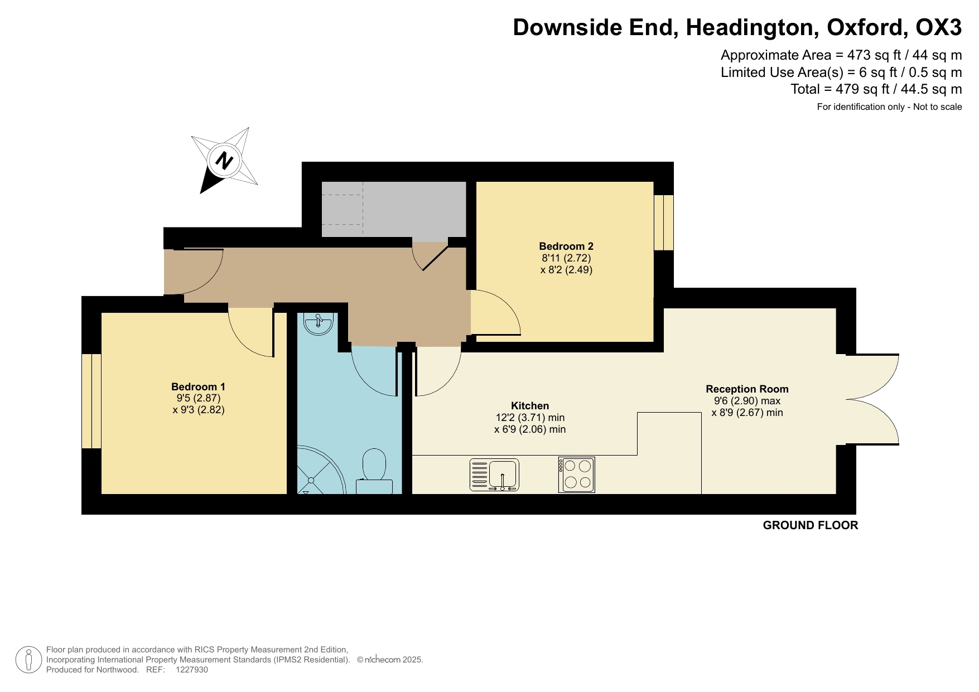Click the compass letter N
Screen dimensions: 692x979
pyautogui.click(x=224, y=161)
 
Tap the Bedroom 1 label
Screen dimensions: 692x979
pyautogui.click(x=198, y=386)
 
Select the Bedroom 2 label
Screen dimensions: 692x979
pyautogui.click(x=566, y=246)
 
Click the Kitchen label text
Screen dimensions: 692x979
pyautogui.click(x=530, y=405)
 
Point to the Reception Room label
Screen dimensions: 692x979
pyautogui.click(x=747, y=389)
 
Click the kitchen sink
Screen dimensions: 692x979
pyautogui.click(x=495, y=475)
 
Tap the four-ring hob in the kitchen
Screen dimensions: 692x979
pyautogui.click(x=577, y=475)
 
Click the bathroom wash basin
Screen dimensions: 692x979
pyautogui.click(x=318, y=323)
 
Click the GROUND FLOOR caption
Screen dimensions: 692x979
pyautogui.click(x=810, y=525)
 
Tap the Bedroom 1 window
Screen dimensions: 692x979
pyautogui.click(x=91, y=401)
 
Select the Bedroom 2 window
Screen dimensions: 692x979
pyautogui.click(x=663, y=222)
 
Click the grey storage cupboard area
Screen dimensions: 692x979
pyautogui.click(x=393, y=209)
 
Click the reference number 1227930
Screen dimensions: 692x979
pyautogui.click(x=191, y=670)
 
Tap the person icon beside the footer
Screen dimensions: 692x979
pyautogui.click(x=28, y=660)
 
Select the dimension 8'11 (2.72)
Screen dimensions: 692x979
pyautogui.click(x=566, y=258)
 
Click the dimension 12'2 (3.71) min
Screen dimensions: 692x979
pyautogui.click(x=530, y=418)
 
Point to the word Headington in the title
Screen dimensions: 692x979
pyautogui.click(x=752, y=27)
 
